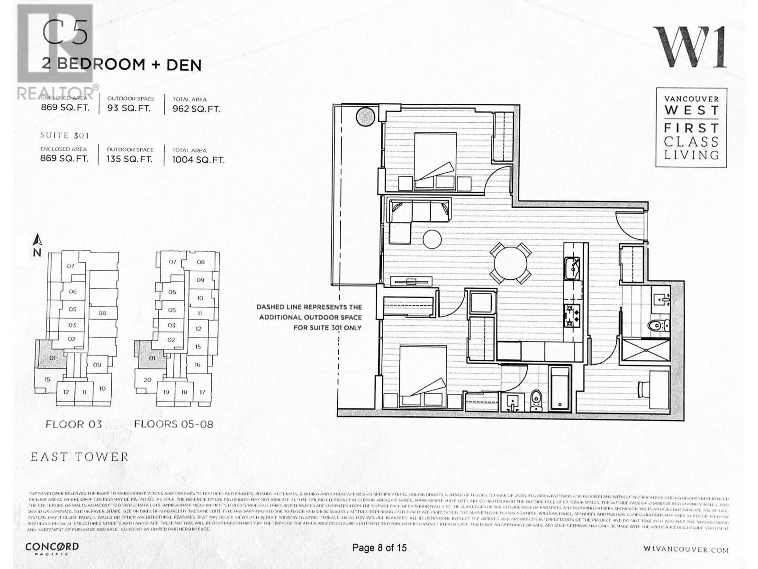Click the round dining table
[510, 263]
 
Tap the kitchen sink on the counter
[572, 268]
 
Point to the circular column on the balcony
[366, 116]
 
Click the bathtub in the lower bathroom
[560, 389]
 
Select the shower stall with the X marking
[645, 351]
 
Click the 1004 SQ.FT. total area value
[198, 160]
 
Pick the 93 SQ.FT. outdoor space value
[129, 108]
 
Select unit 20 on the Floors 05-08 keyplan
[147, 379]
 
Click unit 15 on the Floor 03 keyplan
[47, 379]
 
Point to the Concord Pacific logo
[52, 548]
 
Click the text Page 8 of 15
[379, 548]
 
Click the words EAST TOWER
[80, 457]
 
